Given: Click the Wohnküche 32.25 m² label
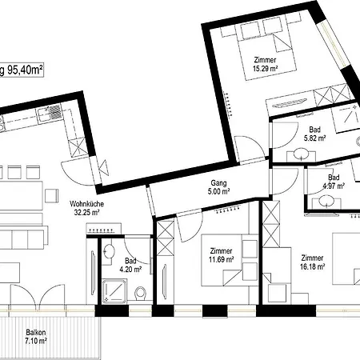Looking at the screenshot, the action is tap(86, 208).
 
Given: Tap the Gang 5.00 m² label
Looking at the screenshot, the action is tap(218, 187).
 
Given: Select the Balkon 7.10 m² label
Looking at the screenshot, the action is tap(36, 337).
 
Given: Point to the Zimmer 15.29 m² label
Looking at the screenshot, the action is tap(265, 64).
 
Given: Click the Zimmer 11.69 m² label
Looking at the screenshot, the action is tap(222, 255).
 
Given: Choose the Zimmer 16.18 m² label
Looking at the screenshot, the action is tap(312, 262).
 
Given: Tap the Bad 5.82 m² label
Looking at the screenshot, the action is tap(314, 134).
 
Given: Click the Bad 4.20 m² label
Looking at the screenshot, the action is tap(130, 265).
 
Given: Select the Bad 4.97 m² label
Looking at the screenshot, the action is tap(334, 182).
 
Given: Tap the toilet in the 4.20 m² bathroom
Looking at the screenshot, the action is tap(141, 294).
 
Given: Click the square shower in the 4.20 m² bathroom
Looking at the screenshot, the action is tap(114, 290).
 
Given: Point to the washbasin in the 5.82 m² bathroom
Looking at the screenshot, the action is tap(301, 154).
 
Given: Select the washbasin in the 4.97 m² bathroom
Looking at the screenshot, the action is tap(326, 201).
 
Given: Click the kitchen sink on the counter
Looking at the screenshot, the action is tap(49, 114).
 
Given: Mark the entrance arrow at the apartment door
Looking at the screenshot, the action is tap(104, 168).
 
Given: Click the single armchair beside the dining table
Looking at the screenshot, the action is tap(51, 196).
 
